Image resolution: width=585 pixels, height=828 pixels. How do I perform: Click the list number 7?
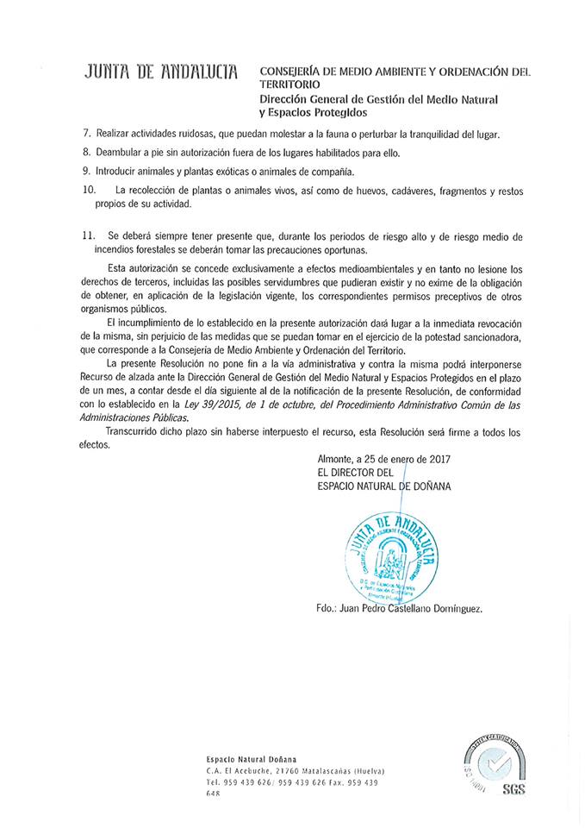(85, 135)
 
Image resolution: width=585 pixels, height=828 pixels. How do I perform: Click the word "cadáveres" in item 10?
(406, 189)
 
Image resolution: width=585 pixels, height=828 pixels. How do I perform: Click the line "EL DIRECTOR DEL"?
(356, 473)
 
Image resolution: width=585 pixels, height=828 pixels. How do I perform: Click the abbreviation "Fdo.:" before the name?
(330, 609)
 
